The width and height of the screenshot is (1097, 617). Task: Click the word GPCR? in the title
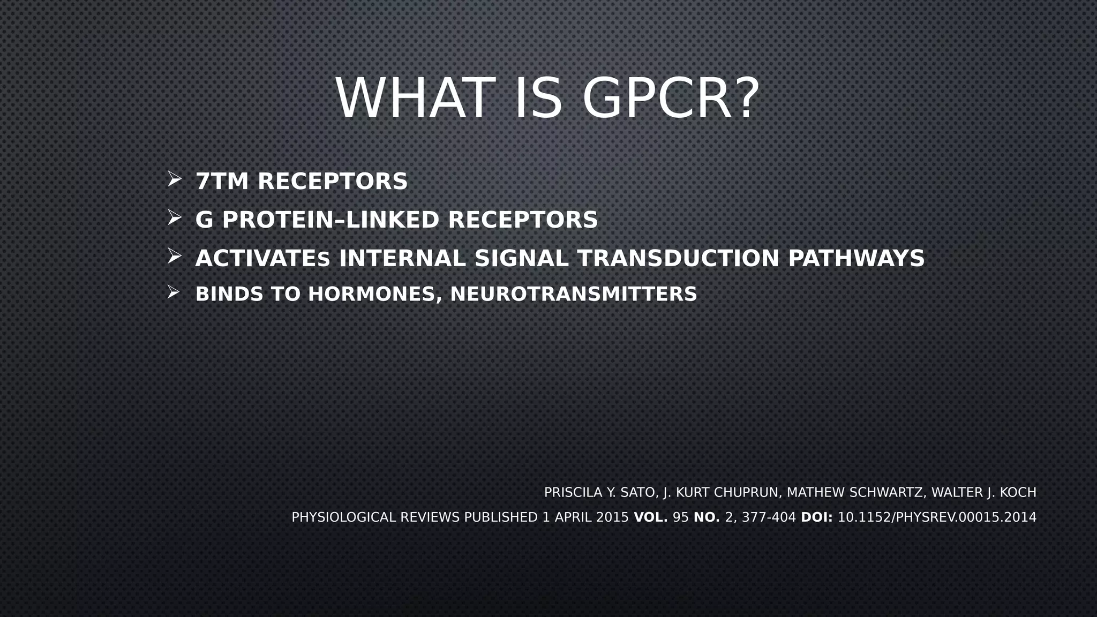[671, 99]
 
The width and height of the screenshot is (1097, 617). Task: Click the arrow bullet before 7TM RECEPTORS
[174, 179]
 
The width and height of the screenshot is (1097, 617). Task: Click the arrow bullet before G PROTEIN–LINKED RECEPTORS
[174, 217]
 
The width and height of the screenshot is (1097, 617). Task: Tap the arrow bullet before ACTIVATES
[174, 256]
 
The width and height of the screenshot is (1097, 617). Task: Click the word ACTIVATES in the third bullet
[262, 259]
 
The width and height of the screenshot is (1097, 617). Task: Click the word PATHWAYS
[856, 259]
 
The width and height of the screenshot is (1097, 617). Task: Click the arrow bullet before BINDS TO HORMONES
[173, 292]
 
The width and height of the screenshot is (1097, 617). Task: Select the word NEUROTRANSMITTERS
[573, 295]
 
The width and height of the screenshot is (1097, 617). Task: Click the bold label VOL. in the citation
[650, 517]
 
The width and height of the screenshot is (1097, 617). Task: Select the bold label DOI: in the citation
[816, 517]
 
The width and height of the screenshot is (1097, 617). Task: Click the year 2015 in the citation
[612, 517]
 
